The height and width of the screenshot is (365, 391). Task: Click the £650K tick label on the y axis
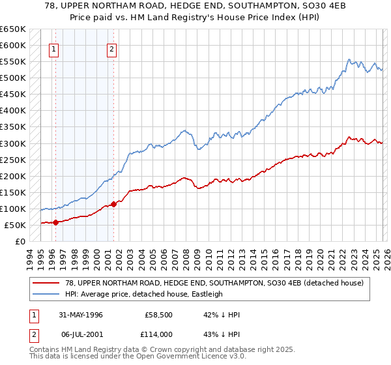coord(13,29)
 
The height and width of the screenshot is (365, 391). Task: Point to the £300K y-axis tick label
coord(13,143)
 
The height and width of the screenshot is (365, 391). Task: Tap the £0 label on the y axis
coord(20,242)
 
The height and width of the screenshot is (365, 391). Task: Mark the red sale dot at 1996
coord(55,222)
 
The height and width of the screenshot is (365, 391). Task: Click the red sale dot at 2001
coord(113,204)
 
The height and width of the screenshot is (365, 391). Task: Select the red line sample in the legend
coord(46,282)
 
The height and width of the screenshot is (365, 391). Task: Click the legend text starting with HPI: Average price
coord(144,294)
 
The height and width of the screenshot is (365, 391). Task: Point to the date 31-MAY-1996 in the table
coord(77,315)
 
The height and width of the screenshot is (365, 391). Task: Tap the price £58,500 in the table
coord(158,315)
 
